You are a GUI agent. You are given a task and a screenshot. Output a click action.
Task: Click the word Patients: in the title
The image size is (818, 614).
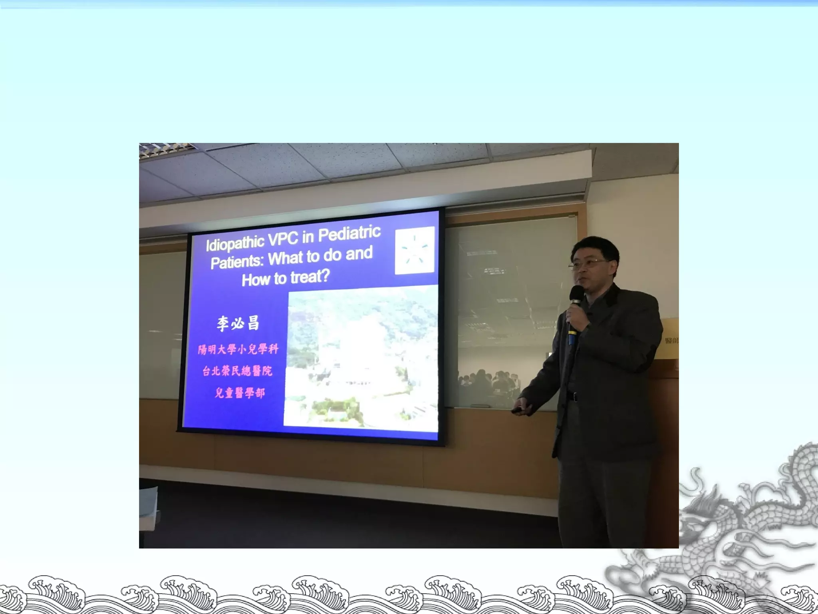237,262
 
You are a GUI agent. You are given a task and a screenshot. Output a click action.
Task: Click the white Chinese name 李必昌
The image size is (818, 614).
238,323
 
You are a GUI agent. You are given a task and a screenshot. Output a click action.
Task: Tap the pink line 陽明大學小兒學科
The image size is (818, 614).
238,349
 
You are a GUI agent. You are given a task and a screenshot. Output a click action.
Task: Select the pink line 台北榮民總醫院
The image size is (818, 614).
237,371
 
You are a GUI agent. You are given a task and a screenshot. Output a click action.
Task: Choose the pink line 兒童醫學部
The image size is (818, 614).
240,393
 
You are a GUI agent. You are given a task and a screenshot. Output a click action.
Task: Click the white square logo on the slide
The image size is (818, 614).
415,251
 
